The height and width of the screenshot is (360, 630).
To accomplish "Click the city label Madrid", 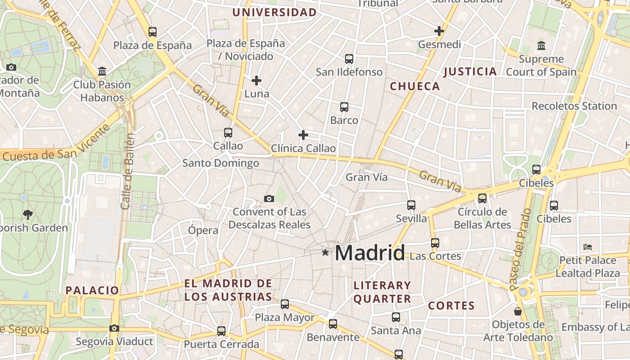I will (369, 253).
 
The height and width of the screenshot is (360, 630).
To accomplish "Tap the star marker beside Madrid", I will (325, 253).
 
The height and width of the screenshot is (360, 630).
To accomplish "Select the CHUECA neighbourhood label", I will (414, 86).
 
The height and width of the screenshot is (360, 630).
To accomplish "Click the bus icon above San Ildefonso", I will (349, 59).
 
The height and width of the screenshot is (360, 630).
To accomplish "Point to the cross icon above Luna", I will (256, 81).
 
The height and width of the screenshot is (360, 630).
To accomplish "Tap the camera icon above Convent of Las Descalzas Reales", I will (269, 198).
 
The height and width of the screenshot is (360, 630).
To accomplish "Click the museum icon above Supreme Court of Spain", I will (541, 45).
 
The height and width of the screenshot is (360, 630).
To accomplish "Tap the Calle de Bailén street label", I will (127, 171).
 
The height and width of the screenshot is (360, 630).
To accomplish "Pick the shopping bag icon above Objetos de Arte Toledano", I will (518, 311).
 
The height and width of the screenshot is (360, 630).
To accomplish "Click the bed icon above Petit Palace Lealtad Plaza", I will (587, 247).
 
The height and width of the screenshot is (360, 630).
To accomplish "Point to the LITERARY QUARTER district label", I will (382, 292).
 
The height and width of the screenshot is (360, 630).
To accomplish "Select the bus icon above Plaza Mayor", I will (285, 304).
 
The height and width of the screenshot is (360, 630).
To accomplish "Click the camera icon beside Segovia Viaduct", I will (114, 328).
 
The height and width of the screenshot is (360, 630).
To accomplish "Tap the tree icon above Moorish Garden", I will (28, 214).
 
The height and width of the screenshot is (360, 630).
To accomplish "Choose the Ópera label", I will (203, 230).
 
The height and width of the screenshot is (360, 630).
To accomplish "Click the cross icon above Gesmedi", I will (439, 31).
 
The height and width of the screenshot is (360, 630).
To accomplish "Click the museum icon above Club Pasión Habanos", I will (102, 72).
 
